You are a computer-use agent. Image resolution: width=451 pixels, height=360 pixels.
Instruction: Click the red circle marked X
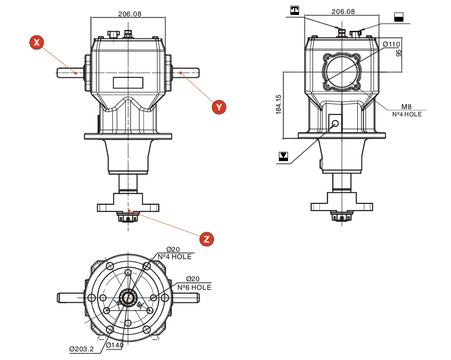(x=37, y=42)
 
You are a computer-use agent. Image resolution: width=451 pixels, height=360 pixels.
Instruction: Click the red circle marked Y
(x=219, y=106)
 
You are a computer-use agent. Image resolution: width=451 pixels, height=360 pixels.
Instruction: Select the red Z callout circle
(x=206, y=239)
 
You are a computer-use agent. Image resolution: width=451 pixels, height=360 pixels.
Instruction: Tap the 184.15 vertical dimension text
(x=278, y=104)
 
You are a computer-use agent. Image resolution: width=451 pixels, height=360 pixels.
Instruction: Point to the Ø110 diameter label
(x=391, y=44)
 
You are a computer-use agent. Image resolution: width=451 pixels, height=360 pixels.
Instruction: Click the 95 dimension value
(x=399, y=52)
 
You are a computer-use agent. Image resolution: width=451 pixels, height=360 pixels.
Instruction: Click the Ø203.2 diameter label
(x=82, y=349)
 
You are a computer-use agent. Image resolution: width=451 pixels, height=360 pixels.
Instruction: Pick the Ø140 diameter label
(x=115, y=345)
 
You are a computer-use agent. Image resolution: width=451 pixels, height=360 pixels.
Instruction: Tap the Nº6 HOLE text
(x=194, y=287)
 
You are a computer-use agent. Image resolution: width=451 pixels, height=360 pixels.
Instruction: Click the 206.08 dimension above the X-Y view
(x=129, y=14)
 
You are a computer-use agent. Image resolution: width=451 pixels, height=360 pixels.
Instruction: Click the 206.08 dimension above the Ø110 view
(x=343, y=12)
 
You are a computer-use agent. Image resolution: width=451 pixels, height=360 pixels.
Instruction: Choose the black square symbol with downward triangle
(x=284, y=156)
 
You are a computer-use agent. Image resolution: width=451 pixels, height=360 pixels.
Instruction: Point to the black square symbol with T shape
(x=295, y=10)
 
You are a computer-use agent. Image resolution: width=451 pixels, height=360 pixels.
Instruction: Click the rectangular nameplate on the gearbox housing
(x=128, y=82)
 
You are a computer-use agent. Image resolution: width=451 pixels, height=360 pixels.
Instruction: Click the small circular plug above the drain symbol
(x=335, y=123)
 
